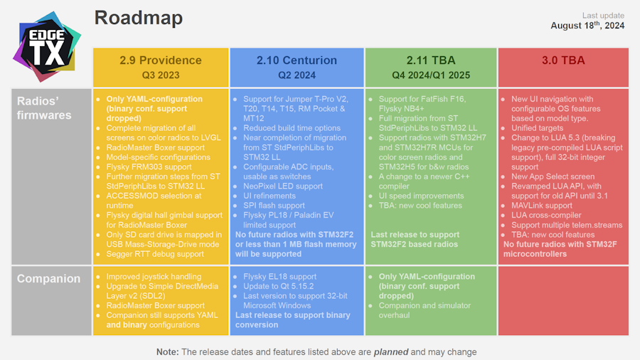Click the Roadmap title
[x=138, y=18]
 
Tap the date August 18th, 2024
[x=587, y=26]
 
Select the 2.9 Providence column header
[x=161, y=60]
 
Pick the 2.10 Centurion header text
[x=297, y=60]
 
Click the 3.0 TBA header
[x=563, y=60]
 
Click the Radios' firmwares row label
[x=44, y=107]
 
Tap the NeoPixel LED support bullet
[x=282, y=186]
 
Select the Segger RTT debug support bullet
[x=155, y=254]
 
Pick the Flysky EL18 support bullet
[x=279, y=276]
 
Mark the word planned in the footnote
[x=391, y=351]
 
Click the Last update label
[x=603, y=16]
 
